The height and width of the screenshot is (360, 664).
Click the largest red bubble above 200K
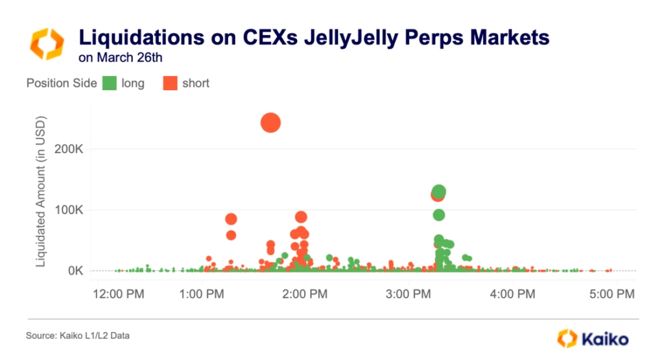pyautogui.click(x=270, y=123)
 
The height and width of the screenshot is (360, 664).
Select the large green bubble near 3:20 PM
pyautogui.click(x=439, y=192)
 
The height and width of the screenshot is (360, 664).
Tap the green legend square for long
pyautogui.click(x=110, y=83)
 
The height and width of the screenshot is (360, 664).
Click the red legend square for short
pyautogui.click(x=170, y=83)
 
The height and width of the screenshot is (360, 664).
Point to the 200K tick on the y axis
pyautogui.click(x=67, y=149)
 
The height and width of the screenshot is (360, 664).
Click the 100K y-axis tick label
pyautogui.click(x=67, y=210)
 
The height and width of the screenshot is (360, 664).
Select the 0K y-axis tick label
pyautogui.click(x=73, y=270)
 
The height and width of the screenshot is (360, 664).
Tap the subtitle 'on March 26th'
pyautogui.click(x=120, y=57)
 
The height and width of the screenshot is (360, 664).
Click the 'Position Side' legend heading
pyautogui.click(x=62, y=83)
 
